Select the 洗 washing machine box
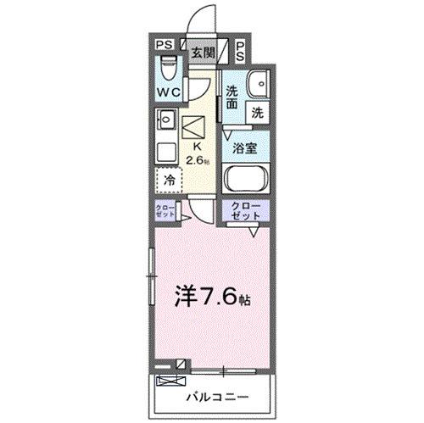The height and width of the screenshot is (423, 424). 257,111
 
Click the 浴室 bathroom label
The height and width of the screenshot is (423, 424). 246,147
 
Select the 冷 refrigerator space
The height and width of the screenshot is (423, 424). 169,181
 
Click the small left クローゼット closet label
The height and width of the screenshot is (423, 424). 165,213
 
